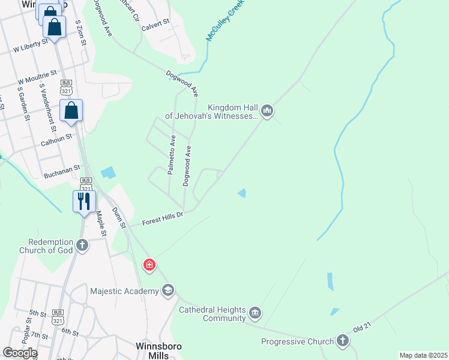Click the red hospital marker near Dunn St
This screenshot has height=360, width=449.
pos(149,265)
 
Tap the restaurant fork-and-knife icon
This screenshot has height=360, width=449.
pos(84,200)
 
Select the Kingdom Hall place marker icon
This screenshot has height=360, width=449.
pos(267,110)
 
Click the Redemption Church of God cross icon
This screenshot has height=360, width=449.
pos(82,245)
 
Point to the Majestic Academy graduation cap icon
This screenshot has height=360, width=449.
pos(168,291)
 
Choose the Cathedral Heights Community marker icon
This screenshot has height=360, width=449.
pos(255,313)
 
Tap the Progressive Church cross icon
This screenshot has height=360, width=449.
pos(343,341)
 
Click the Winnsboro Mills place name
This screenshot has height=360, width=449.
pos(158,351)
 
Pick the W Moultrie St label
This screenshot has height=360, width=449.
pos(37,76)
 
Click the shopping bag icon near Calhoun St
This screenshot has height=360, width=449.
pos(71,110)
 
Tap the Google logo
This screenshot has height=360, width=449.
pos(20,353)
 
